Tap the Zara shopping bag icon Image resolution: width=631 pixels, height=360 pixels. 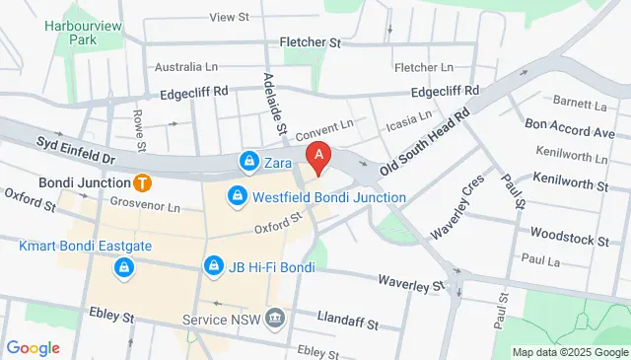click(248, 161)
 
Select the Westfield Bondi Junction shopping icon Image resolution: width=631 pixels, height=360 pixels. click(237, 197)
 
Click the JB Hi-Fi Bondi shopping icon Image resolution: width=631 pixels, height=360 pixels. click(212, 267)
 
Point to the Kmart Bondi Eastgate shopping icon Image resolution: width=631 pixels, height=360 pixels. click(123, 267)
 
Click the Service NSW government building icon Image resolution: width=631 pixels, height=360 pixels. click(274, 320)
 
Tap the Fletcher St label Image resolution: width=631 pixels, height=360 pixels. click(310, 43)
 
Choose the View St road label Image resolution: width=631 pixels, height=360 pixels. click(229, 18)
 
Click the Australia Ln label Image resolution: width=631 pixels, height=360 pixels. click(185, 67)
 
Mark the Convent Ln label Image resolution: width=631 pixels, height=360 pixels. click(323, 129)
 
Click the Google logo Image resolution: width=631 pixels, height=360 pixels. click(33, 347)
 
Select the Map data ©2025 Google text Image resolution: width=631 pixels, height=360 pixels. click(569, 352)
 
